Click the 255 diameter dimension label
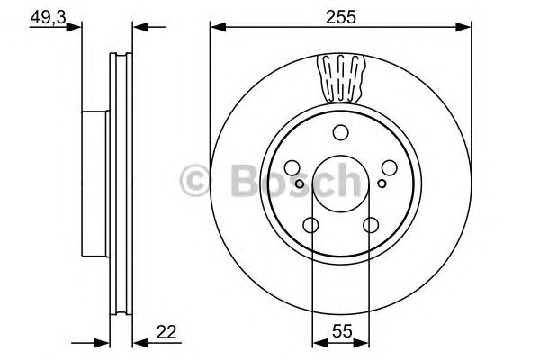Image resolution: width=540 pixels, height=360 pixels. click(340, 15)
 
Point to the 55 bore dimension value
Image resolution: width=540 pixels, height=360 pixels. click(340, 332)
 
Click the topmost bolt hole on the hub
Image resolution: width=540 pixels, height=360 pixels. click(340, 133)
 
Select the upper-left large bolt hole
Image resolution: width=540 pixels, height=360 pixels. click(294, 168)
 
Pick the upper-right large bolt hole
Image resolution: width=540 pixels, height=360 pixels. click(387, 168)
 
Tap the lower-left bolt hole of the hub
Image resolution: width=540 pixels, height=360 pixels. click(312, 224)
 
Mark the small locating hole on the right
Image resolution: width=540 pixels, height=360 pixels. click(382, 184)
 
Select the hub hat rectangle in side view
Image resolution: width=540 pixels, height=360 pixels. click(94, 179)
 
